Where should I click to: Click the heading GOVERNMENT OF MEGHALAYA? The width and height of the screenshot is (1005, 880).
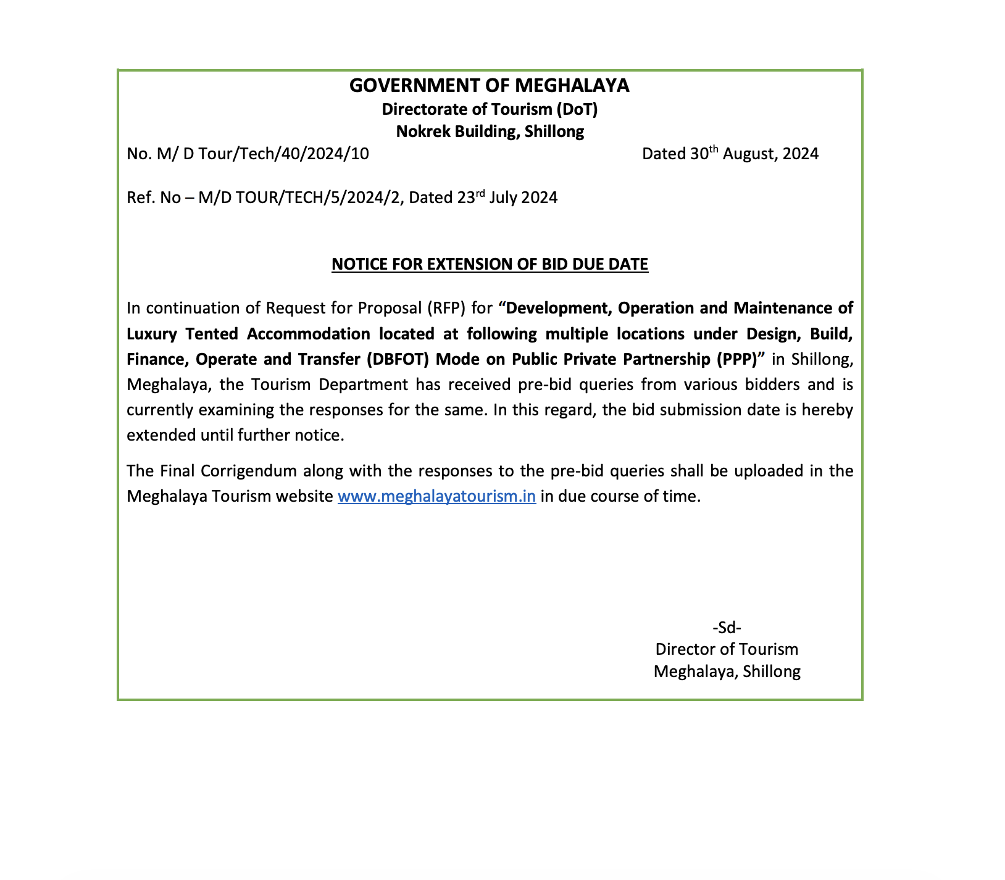point(489,86)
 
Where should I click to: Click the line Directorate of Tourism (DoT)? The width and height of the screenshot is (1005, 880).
point(490,109)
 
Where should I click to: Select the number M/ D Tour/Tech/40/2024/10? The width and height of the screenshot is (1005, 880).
point(263,154)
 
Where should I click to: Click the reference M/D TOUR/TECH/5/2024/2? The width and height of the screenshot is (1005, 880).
point(301,198)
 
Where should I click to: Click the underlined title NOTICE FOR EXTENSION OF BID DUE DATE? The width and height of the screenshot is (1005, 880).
point(490,265)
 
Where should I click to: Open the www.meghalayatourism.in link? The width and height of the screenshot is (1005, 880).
point(436,497)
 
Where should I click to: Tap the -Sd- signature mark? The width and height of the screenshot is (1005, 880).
point(727,628)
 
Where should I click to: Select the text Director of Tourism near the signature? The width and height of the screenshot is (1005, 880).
point(727,649)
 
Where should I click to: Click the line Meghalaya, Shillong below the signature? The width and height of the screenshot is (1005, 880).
point(727,671)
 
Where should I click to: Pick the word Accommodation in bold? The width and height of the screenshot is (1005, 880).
point(309,334)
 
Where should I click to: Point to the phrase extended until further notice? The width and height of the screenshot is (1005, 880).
point(235,435)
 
